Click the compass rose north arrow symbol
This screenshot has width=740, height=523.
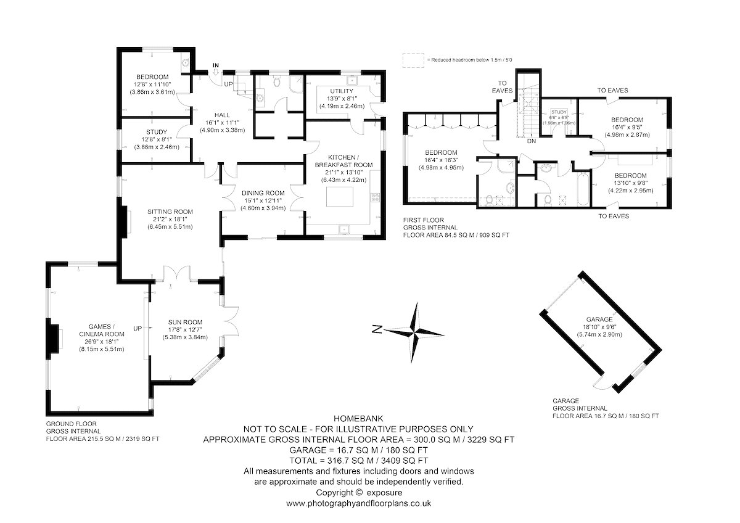414,332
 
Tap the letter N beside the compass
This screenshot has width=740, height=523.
377,329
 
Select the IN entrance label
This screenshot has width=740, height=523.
216,65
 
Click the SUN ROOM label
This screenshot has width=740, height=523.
185,322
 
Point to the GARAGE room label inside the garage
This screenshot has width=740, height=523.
599,319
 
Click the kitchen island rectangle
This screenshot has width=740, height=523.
340,197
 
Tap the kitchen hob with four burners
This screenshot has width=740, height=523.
376,197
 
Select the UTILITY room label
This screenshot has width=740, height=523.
342,91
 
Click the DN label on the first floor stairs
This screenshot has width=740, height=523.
532,141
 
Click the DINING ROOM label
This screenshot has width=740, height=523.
263,193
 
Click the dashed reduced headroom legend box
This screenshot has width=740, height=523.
413,60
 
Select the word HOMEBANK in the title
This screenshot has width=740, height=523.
358,419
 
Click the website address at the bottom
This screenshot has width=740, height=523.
358,503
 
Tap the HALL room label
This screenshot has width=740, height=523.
222,115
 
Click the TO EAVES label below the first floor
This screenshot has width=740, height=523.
614,216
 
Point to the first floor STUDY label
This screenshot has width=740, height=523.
559,112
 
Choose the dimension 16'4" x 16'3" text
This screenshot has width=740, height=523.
441,160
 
